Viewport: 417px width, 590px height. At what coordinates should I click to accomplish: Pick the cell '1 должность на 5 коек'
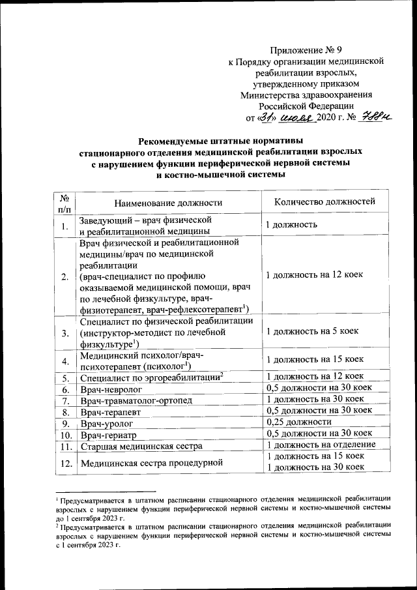(313, 332)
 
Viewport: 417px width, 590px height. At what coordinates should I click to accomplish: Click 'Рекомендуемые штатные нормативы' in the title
(212, 140)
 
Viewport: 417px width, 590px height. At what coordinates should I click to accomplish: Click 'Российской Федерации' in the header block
(306, 105)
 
